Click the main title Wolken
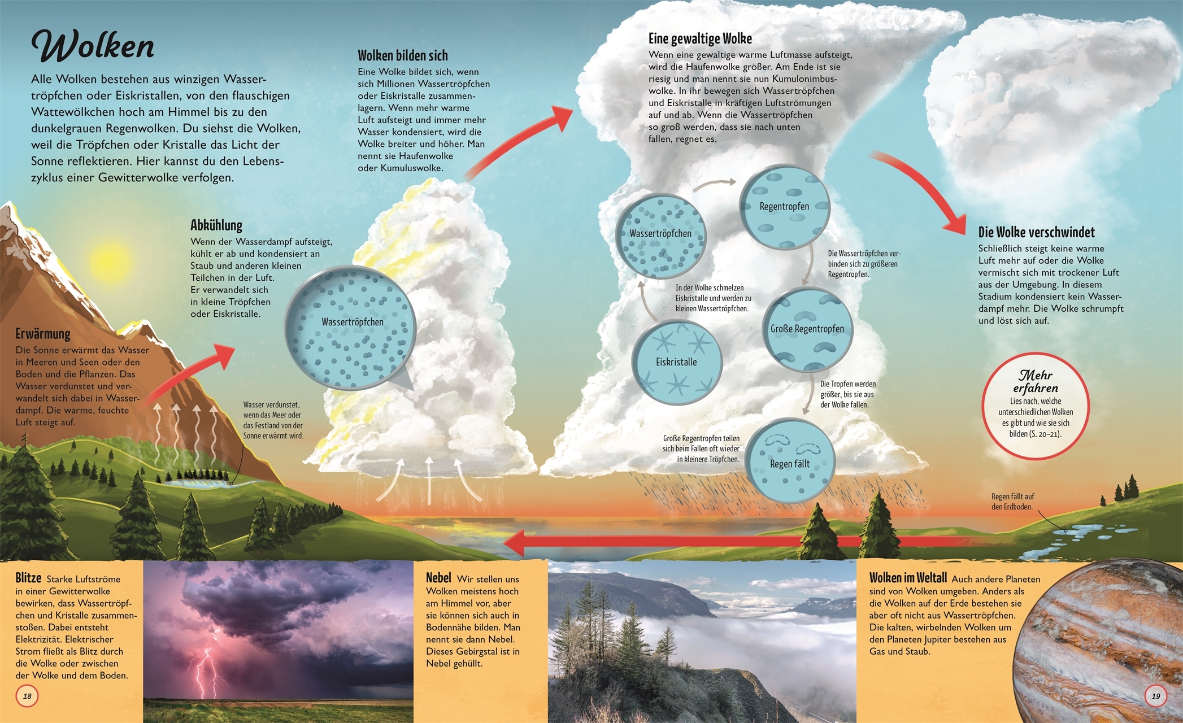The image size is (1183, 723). (x=93, y=46)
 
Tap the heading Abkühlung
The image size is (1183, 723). (x=216, y=225)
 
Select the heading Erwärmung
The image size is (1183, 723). (x=43, y=334)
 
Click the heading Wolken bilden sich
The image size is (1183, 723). (x=402, y=55)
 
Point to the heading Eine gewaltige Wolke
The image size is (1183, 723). (x=700, y=38)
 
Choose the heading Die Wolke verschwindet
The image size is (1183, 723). (x=1036, y=232)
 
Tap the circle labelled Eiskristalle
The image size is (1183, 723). (x=677, y=362)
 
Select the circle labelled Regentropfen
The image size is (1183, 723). (x=784, y=207)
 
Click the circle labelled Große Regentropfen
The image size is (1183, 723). (x=807, y=329)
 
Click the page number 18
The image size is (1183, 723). (x=27, y=696)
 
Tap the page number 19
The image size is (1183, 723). (x=1155, y=696)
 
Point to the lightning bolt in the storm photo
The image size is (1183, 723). (x=206, y=672)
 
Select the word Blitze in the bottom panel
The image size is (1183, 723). (x=28, y=578)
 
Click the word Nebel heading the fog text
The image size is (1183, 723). (x=438, y=578)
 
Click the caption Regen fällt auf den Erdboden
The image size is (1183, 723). (x=1012, y=502)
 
